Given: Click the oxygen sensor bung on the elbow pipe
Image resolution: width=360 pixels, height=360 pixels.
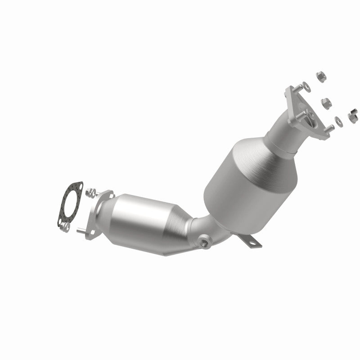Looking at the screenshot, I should pyautogui.click(x=205, y=243).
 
